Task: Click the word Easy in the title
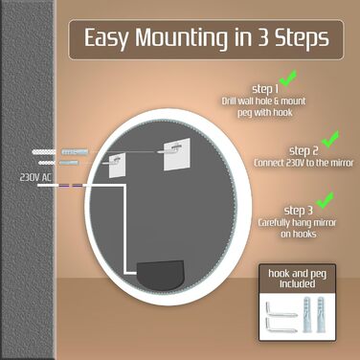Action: (106, 38)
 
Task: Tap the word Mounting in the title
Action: (182, 37)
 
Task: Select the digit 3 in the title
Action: (262, 37)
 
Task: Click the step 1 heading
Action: (265, 89)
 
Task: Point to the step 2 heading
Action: (304, 150)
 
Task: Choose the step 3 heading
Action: (298, 211)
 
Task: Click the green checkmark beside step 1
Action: (288, 79)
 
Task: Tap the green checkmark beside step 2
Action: (330, 139)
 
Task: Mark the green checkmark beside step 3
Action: (325, 200)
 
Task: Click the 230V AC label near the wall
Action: (35, 177)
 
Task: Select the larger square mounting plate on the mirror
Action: (177, 154)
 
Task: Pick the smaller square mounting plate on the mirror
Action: (116, 165)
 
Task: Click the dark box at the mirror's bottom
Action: (161, 275)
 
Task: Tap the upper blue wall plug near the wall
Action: (75, 151)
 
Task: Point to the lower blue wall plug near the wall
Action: (69, 163)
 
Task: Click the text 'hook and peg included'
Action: (297, 279)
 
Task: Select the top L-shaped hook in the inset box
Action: (281, 308)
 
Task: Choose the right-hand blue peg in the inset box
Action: (321, 314)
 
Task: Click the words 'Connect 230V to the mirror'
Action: (304, 163)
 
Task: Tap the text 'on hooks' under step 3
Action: (299, 234)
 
